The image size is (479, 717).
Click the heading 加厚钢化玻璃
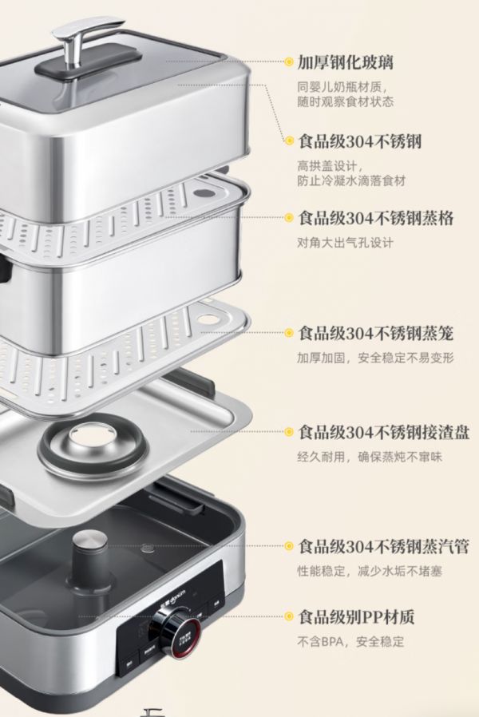click(345, 62)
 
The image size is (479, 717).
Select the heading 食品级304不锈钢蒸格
click(376, 218)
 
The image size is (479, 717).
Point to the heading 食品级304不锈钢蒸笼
click(376, 334)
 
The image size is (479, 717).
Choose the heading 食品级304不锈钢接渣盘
click(383, 432)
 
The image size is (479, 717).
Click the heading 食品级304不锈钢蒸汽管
click(383, 546)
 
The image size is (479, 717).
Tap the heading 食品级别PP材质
click(356, 617)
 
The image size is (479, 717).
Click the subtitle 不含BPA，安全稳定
click(350, 642)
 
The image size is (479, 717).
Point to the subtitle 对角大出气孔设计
click(345, 243)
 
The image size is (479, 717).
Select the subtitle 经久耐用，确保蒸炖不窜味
click(370, 457)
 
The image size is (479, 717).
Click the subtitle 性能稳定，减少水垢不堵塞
click(370, 571)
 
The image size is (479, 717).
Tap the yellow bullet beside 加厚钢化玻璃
click(288, 61)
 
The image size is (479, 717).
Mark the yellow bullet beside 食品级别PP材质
click(288, 617)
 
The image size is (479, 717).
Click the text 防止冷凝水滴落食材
click(351, 181)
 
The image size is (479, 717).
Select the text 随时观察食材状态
click(345, 101)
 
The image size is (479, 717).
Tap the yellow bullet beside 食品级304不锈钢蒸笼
click(288, 333)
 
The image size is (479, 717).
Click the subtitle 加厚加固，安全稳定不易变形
click(375, 358)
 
